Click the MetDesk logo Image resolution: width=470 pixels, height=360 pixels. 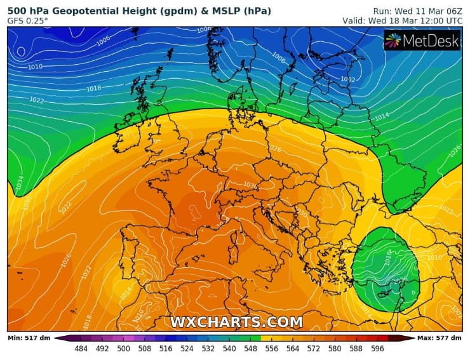(x=422, y=40)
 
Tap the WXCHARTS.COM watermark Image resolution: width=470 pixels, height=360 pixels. (x=236, y=322)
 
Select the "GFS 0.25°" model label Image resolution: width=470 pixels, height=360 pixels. (x=28, y=21)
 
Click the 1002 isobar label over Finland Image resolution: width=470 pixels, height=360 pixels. (x=347, y=79)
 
